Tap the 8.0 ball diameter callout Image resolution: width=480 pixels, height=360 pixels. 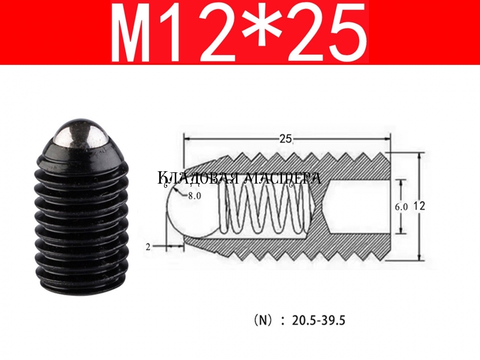click(194, 196)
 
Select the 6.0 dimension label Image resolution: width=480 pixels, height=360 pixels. click(401, 207)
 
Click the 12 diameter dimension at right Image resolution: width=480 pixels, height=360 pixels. click(420, 206)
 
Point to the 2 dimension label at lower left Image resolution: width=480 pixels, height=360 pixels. click(148, 247)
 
